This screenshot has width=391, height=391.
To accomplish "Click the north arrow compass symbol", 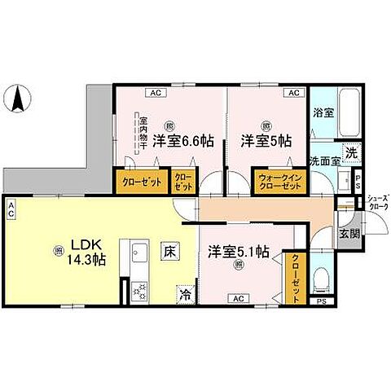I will (17, 100).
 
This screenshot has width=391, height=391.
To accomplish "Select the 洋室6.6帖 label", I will (186, 140).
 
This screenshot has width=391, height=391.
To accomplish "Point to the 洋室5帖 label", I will (266, 140).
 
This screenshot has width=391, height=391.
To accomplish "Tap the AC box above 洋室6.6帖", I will (154, 93).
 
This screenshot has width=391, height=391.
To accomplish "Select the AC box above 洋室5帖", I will (292, 93).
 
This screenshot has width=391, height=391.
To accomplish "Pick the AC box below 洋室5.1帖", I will (239, 299).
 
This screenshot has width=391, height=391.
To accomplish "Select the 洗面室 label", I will (323, 161).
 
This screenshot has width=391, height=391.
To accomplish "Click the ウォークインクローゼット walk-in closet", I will (279, 182).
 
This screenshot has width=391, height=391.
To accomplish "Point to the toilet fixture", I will (323, 279).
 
